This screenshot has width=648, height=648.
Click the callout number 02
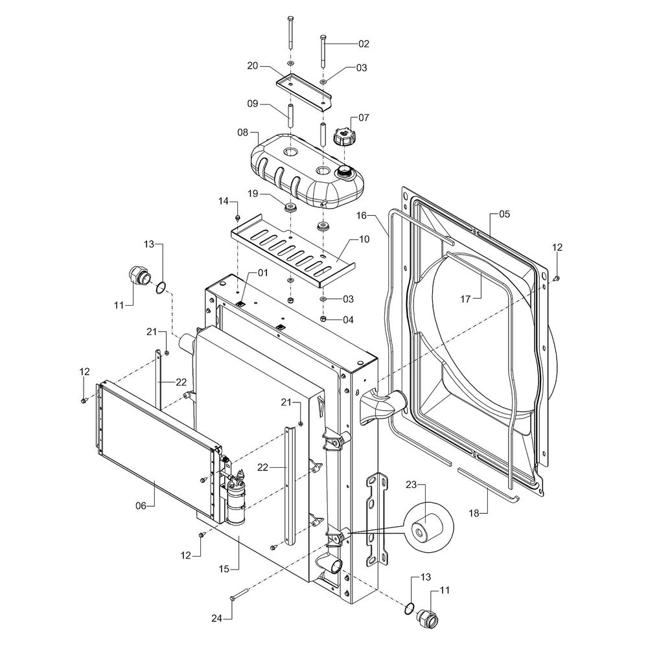363,43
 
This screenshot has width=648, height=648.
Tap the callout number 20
252,65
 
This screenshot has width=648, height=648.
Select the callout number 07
363,118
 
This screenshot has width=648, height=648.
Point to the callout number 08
243,132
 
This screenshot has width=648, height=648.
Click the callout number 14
224,202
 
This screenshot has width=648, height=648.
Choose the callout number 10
364,240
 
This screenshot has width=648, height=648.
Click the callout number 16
361,214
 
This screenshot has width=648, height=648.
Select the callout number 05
505,214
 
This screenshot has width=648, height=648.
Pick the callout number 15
224,569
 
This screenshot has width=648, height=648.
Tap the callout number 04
349,319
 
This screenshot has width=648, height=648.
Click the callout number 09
252,103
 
